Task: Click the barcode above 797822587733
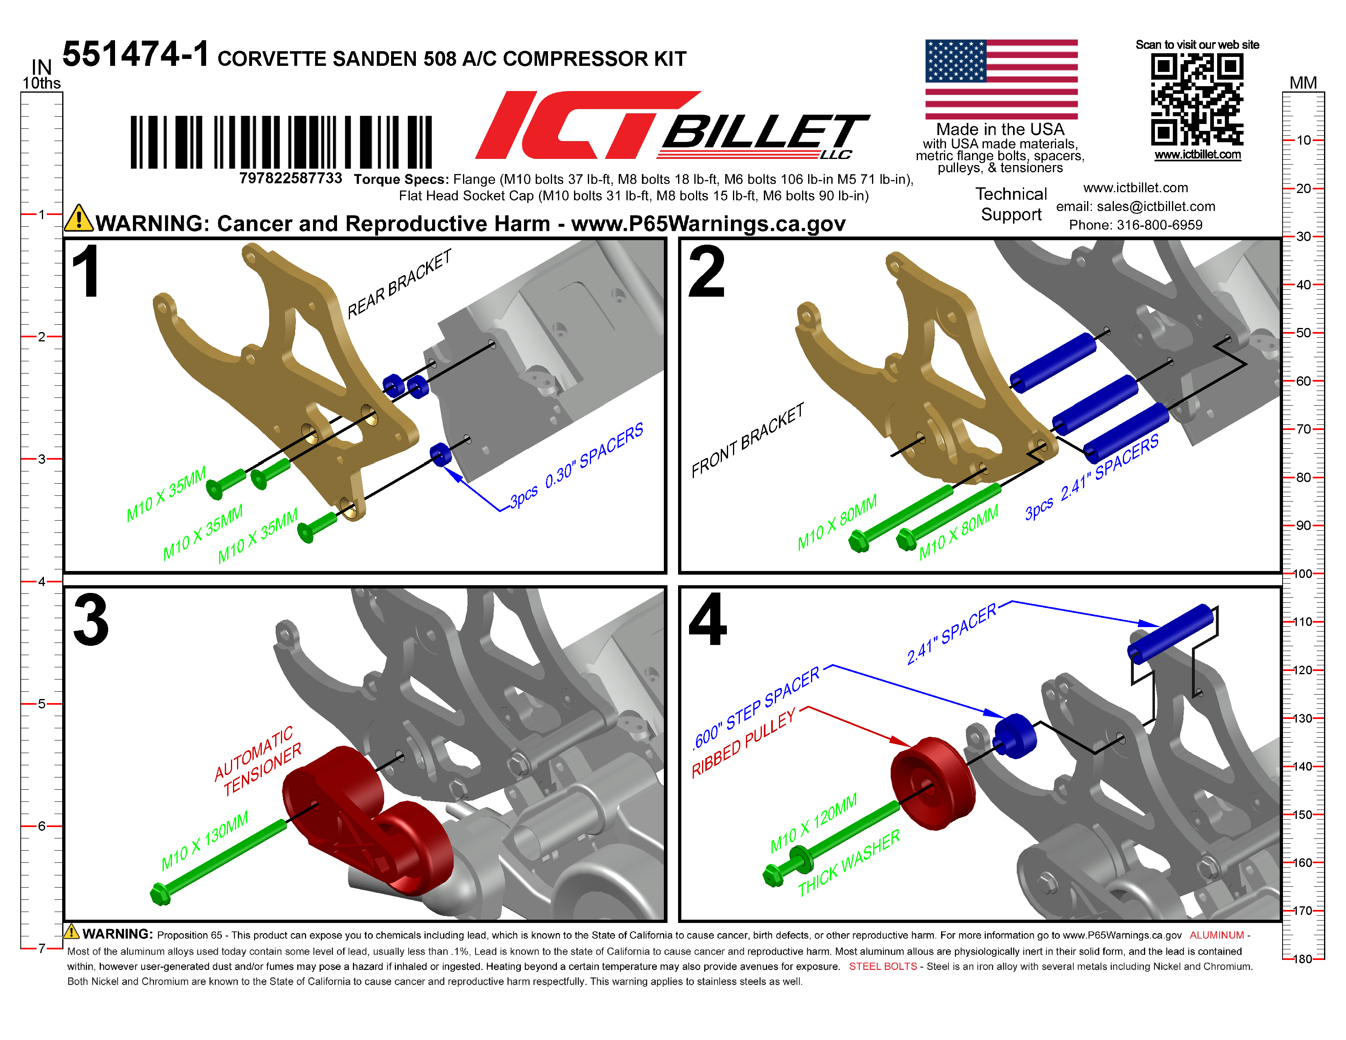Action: click(x=281, y=142)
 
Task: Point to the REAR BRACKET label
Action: click(x=399, y=284)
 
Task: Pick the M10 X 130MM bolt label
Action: click(x=204, y=840)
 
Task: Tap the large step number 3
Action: click(x=91, y=621)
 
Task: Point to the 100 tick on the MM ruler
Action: click(x=1302, y=573)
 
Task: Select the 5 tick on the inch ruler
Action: click(x=42, y=703)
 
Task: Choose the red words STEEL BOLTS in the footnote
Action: click(x=883, y=966)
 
